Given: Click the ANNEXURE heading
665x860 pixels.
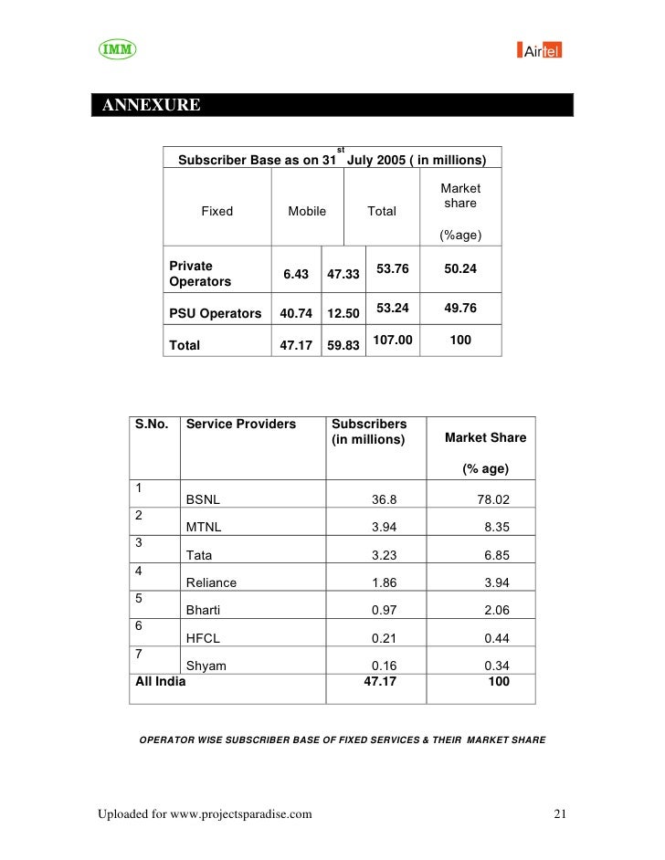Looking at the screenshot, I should (152, 105).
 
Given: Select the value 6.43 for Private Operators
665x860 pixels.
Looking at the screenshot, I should (296, 274).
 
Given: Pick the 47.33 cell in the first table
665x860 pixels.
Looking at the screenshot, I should (343, 274).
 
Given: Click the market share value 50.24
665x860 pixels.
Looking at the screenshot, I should (459, 269).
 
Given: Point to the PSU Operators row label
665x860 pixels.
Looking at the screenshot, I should (216, 313).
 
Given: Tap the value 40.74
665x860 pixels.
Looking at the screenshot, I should (296, 313).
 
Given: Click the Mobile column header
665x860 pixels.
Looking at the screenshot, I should (307, 211).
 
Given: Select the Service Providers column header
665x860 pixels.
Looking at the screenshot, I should (241, 424).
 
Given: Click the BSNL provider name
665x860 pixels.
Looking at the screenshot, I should (203, 499).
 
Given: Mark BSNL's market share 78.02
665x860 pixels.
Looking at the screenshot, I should (493, 499).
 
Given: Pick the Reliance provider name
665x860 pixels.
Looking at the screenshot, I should (211, 582).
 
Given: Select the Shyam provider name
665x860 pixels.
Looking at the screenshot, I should (206, 666).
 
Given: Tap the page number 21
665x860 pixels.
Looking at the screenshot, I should (561, 813).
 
